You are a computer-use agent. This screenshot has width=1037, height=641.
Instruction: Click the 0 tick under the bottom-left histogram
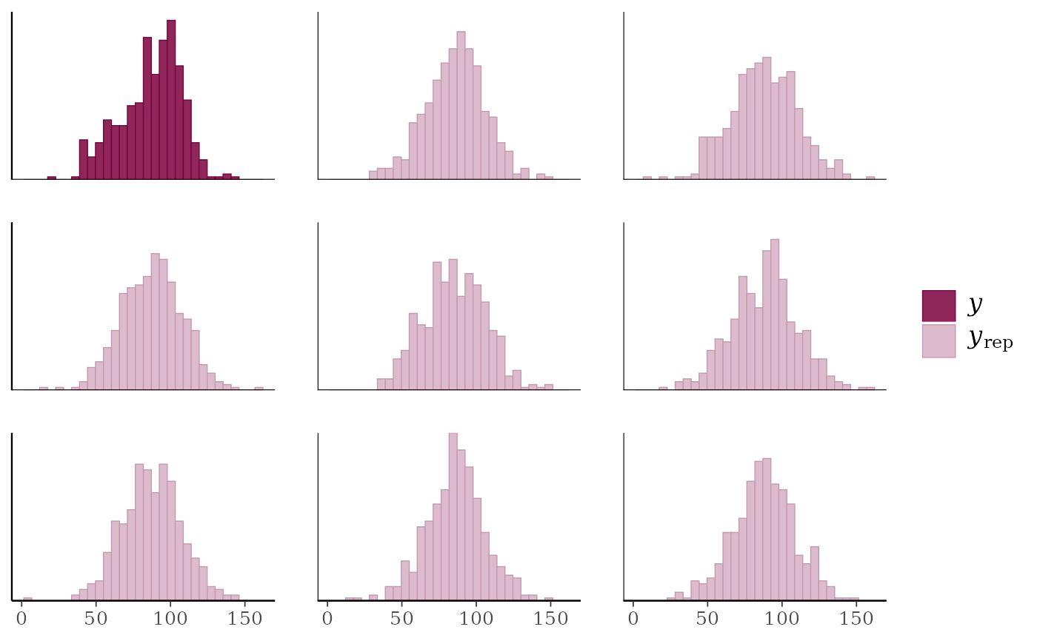click(21, 619)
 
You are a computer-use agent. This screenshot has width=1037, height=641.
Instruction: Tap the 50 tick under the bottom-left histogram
click(96, 619)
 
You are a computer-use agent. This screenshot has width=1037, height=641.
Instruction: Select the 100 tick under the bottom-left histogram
click(170, 619)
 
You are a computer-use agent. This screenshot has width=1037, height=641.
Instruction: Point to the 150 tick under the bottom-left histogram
click(245, 619)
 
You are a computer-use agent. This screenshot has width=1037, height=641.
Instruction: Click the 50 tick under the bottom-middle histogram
click(401, 619)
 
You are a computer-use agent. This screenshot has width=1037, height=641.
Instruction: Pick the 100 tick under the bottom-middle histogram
click(476, 619)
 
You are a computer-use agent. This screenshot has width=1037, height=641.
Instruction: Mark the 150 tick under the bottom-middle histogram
click(550, 619)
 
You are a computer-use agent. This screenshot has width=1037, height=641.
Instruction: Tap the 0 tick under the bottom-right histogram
click(633, 619)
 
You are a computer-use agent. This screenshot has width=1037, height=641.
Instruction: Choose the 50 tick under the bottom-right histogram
click(707, 619)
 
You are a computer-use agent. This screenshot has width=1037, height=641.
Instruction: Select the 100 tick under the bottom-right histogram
click(782, 619)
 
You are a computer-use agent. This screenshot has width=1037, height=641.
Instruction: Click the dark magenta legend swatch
click(938, 306)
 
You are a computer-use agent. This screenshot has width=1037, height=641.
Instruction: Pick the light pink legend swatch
click(938, 341)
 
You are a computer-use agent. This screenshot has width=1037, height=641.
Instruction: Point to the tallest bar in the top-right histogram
click(767, 118)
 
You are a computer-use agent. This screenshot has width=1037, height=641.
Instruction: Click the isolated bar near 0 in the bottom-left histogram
click(27, 597)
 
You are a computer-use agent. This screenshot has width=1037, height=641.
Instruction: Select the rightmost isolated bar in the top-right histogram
click(870, 177)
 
